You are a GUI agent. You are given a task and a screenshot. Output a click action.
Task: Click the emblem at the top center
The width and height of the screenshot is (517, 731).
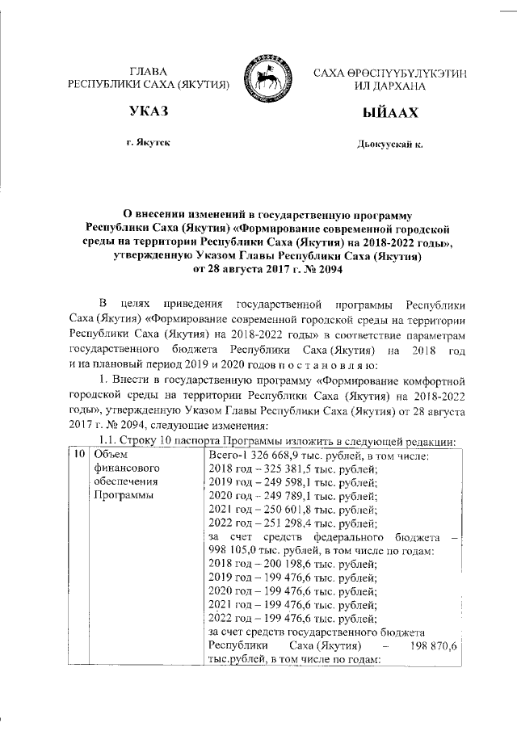pyautogui.click(x=268, y=78)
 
